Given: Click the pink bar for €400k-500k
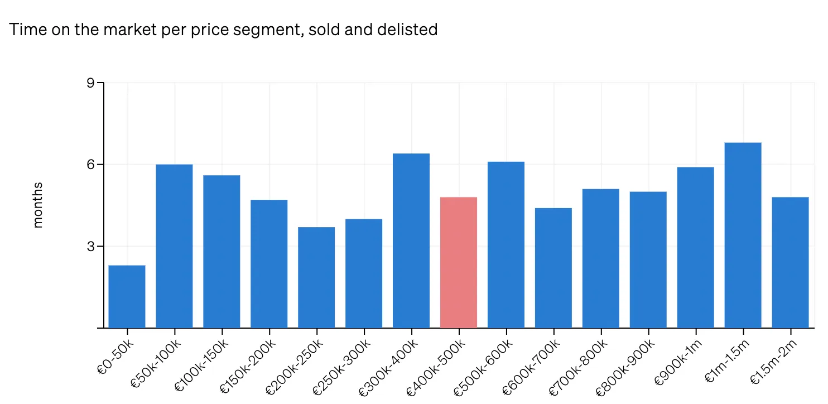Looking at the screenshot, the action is point(459,262).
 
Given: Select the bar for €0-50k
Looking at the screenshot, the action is point(127,296).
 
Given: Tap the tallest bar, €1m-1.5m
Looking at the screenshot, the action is point(743,235).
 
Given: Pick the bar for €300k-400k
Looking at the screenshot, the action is point(411,241).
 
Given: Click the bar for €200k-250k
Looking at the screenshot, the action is point(316,277).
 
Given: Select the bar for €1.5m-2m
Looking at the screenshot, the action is point(790,262).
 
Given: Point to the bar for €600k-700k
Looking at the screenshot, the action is point(553,268).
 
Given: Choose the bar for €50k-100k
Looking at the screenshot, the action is point(174,246).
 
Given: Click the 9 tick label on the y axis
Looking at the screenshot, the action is point(90,83).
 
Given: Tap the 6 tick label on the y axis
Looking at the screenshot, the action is point(90,165).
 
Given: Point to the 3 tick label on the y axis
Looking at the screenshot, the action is point(90,246).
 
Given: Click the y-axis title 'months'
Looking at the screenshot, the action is point(38,205).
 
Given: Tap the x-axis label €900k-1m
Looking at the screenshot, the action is point(677,362).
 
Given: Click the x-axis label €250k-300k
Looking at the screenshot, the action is point(341,367).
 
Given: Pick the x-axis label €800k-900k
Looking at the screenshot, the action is point(625,367).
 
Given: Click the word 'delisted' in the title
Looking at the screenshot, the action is point(407,30).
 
